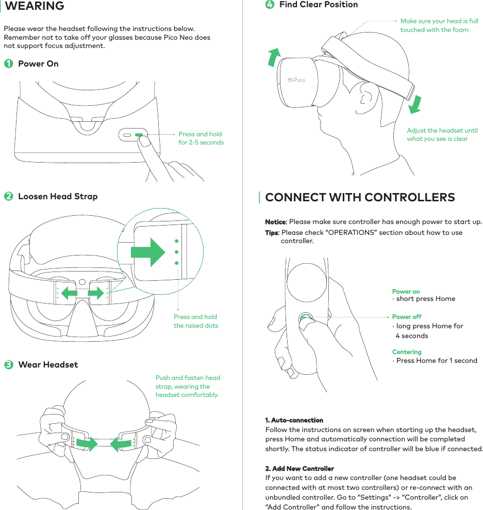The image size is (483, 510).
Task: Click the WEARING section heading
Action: tap(35, 6)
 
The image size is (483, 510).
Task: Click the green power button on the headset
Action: tap(139, 134)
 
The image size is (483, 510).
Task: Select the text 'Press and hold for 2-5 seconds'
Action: tap(201, 138)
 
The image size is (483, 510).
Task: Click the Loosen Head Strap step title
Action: tap(58, 196)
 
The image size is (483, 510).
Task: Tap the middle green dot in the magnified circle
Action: tap(176, 252)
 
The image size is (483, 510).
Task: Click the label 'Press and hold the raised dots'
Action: tap(196, 321)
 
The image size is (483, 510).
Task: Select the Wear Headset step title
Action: tap(48, 364)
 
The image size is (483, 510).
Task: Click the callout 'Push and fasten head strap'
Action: tap(188, 386)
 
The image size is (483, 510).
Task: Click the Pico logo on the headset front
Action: tap(296, 80)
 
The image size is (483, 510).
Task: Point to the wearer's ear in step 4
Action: tap(368, 97)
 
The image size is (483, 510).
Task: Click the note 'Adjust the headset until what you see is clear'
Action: tap(442, 135)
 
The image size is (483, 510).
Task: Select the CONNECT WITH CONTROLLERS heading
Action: tap(360, 198)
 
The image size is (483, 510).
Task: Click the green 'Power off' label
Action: tap(407, 317)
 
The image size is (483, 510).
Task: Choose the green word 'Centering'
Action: tap(407, 352)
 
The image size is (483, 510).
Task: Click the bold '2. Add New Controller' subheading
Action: tap(299, 469)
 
